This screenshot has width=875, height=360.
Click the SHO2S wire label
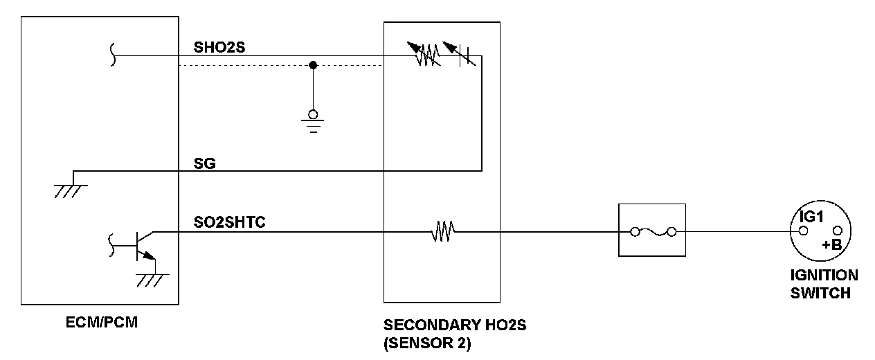[220, 48]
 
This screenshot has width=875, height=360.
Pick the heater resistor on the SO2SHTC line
[442, 231]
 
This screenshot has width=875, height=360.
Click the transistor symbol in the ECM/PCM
[142, 246]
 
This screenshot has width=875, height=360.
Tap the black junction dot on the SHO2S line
[313, 65]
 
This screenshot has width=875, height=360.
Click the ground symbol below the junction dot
[313, 120]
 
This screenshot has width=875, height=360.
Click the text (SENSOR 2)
[426, 343]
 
